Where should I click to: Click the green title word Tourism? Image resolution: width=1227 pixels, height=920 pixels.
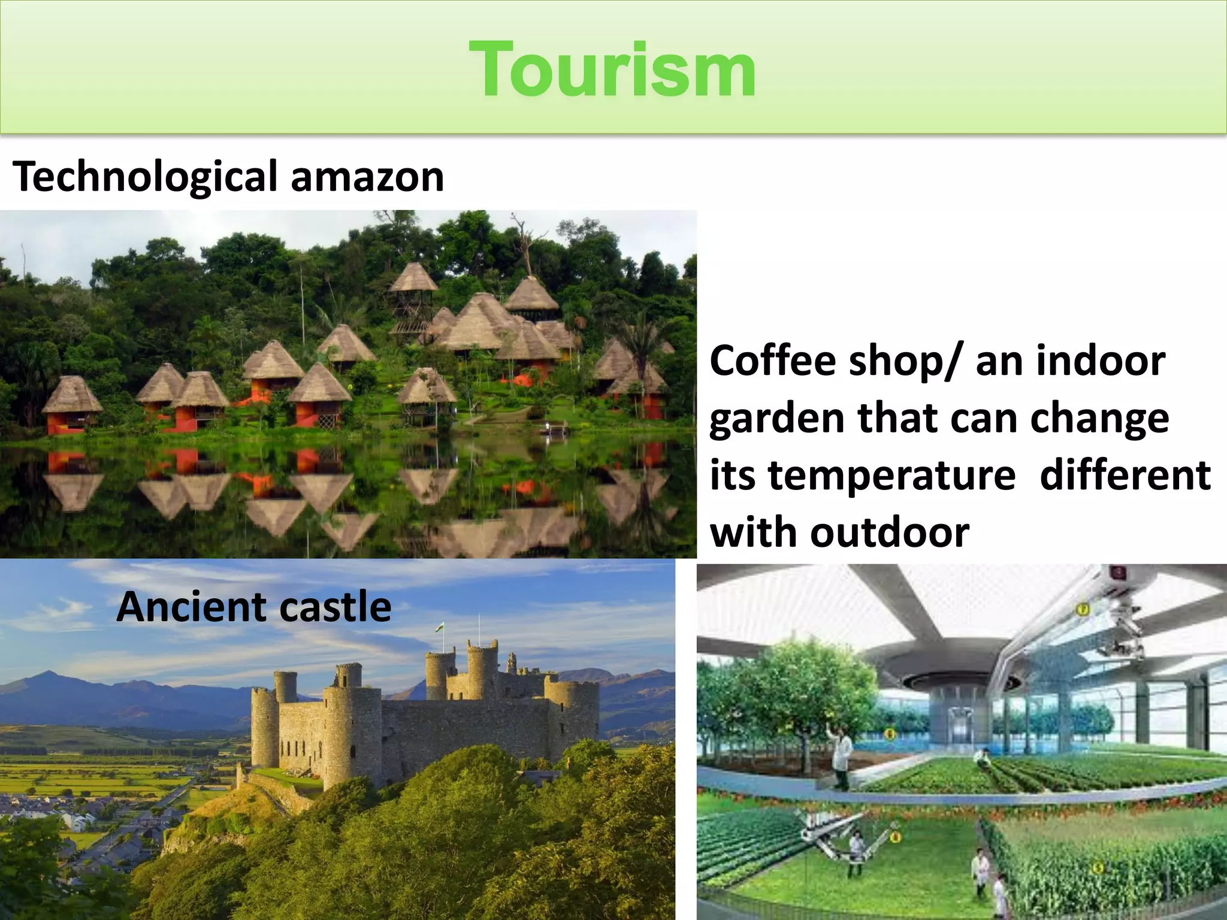point(612,69)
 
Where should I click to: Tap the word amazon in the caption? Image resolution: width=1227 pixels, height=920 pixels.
point(367,177)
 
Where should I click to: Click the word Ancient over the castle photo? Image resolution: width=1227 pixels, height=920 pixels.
point(191,607)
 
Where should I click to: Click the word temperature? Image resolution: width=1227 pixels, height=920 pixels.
point(891,475)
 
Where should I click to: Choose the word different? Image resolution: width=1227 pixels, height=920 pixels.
point(1125,475)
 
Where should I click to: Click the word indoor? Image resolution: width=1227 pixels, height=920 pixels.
point(1101,361)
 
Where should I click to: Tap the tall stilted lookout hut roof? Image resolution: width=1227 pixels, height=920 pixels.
point(413,277)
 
